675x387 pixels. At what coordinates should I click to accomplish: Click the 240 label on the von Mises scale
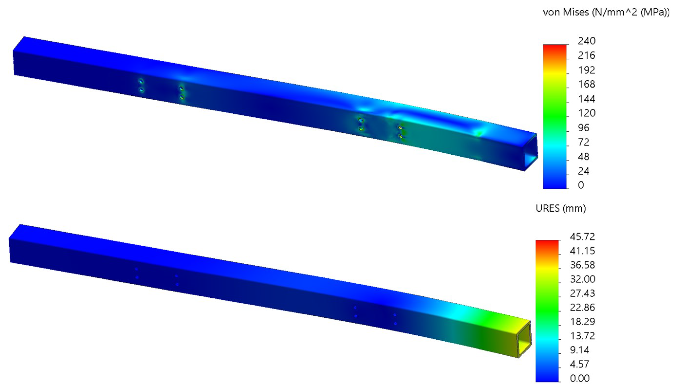pyautogui.click(x=586, y=41)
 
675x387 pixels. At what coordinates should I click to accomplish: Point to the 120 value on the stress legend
pyautogui.click(x=586, y=113)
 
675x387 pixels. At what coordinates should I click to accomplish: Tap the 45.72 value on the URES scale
pyautogui.click(x=582, y=237)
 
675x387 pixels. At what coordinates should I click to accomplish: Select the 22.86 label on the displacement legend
pyautogui.click(x=582, y=308)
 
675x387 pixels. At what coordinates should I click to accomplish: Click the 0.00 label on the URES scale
pyautogui.click(x=580, y=378)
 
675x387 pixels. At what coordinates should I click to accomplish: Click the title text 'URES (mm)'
pyautogui.click(x=561, y=209)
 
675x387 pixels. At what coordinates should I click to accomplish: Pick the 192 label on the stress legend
pyautogui.click(x=586, y=70)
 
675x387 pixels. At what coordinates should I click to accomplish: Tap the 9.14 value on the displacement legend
pyautogui.click(x=580, y=350)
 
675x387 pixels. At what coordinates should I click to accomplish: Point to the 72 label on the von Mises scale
pyautogui.click(x=584, y=142)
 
